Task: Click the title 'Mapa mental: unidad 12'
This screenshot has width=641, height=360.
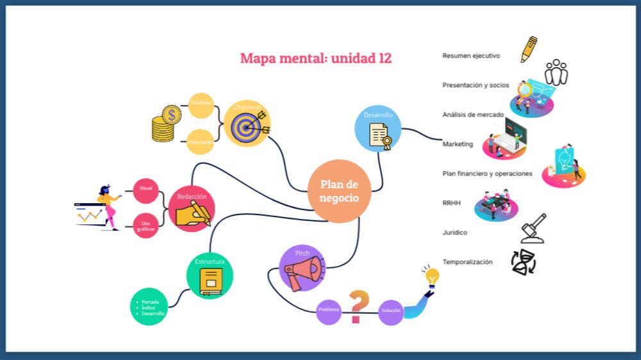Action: [315, 58]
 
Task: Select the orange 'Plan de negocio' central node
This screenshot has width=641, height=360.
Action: [339, 191]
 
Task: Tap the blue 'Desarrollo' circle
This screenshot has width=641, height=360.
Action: [378, 129]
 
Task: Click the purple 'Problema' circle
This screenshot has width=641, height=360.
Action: [329, 311]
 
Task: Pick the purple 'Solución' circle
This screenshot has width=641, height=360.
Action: [390, 311]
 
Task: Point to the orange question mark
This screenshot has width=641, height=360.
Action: [360, 306]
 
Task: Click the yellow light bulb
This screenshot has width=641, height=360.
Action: [431, 277]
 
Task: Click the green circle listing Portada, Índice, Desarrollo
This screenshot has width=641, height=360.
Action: [148, 307]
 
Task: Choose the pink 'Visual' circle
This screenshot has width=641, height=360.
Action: [146, 188]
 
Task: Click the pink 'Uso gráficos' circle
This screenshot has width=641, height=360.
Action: [146, 225]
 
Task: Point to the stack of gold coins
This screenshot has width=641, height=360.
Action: [165, 124]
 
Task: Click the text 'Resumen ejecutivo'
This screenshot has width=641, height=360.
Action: [471, 56]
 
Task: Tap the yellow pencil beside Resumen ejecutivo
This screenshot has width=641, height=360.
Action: [529, 49]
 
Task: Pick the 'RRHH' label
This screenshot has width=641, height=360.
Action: [451, 203]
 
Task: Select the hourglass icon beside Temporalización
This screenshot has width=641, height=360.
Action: [523, 262]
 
